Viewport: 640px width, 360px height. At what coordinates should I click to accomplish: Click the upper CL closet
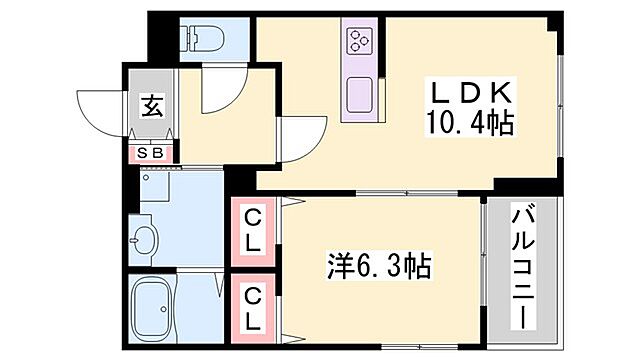point(253,229)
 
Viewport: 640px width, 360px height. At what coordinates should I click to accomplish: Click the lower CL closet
point(253,309)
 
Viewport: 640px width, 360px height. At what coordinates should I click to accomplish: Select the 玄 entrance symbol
point(151,104)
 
